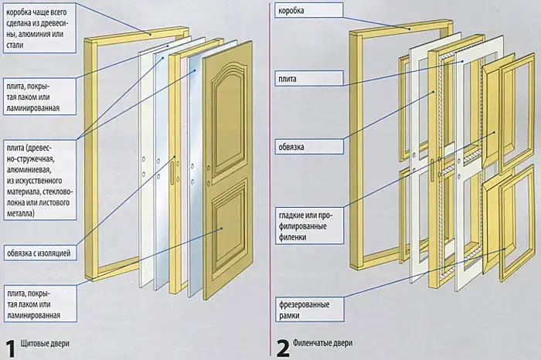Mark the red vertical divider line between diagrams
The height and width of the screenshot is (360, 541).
click(x=269, y=178)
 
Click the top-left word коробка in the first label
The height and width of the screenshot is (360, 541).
click(x=21, y=11)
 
